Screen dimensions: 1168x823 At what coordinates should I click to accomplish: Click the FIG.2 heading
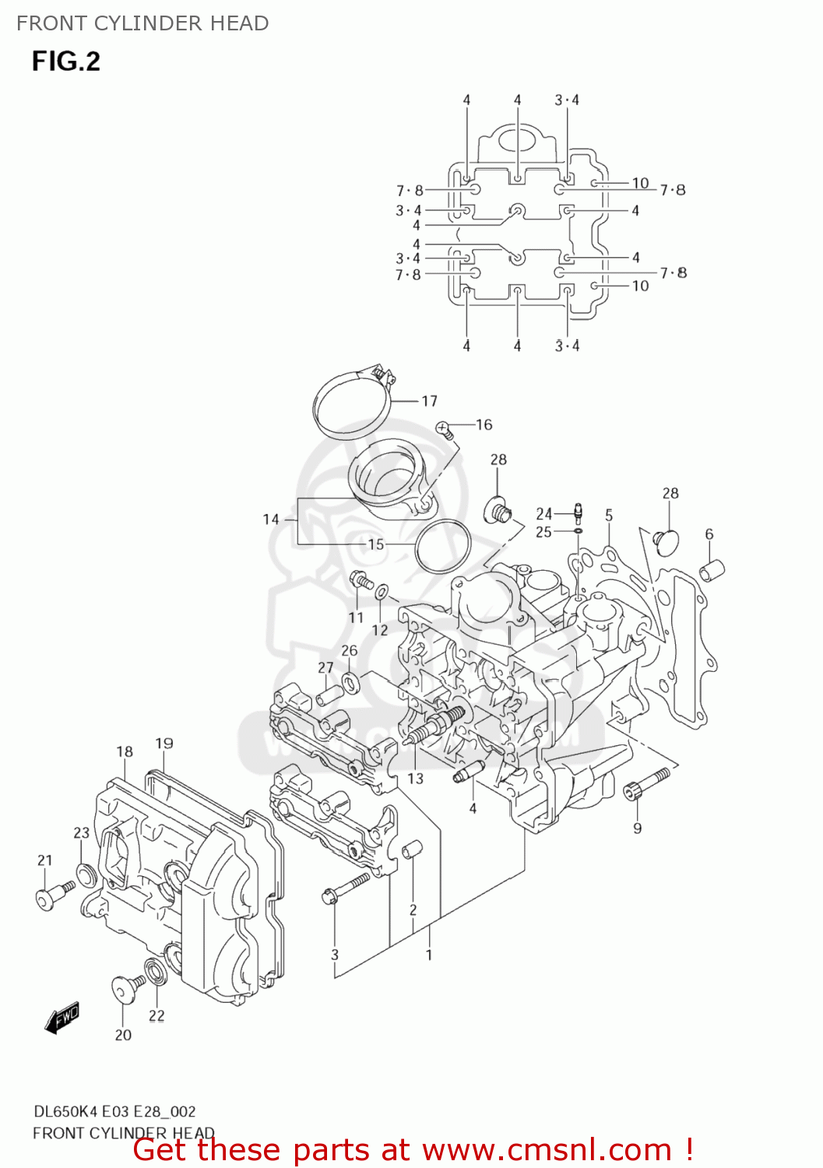click(66, 62)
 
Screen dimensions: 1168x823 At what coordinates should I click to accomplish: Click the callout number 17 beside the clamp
click(430, 401)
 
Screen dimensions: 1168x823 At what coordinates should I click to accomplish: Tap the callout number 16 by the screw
click(484, 424)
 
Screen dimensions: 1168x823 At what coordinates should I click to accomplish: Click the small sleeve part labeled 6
click(713, 571)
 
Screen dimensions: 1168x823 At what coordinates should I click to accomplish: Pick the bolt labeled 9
click(646, 783)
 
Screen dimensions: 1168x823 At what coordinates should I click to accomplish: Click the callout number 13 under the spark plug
click(416, 778)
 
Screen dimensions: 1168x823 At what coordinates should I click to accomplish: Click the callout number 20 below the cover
click(123, 1035)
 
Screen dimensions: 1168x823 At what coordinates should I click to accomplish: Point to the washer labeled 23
click(86, 874)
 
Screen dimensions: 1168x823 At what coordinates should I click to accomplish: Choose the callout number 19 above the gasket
click(164, 743)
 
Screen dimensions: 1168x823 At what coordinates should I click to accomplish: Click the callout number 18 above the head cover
click(125, 751)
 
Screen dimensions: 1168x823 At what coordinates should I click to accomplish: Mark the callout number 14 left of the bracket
click(270, 519)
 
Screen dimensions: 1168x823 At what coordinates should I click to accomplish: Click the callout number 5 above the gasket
click(609, 515)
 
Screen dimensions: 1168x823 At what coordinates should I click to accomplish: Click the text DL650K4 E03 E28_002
click(114, 1111)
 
